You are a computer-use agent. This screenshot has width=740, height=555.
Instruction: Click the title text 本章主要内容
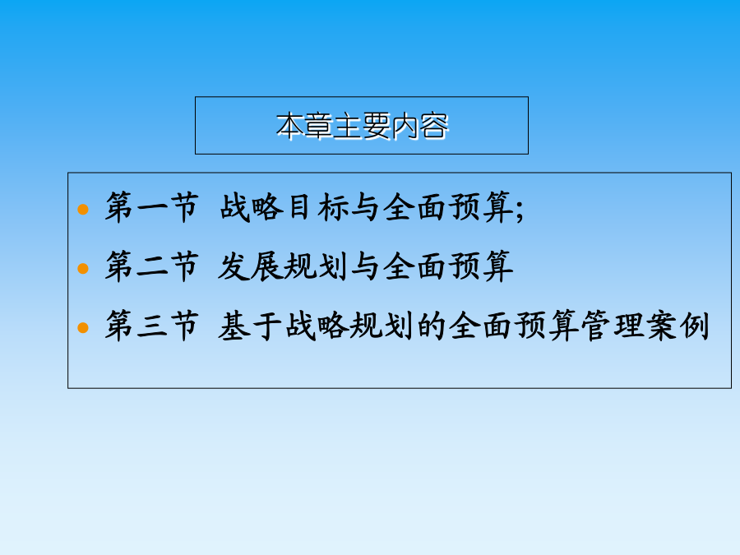coord(362,126)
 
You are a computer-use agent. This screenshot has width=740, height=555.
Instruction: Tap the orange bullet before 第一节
coord(83,209)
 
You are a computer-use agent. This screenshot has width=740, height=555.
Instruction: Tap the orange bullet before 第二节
coord(83,269)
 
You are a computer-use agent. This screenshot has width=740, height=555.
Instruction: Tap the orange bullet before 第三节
coord(83,327)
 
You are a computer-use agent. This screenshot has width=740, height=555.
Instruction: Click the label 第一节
coord(151,207)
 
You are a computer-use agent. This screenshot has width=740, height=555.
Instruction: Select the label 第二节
coord(151,266)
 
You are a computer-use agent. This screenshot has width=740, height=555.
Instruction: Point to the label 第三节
coord(151,326)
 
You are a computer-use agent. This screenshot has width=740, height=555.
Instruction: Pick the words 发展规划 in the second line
coord(283,266)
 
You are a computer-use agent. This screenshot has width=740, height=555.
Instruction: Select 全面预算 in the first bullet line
coord(448,207)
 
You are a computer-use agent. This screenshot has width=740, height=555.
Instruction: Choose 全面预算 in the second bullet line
coord(448,266)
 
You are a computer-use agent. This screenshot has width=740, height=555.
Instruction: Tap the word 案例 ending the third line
coord(678,326)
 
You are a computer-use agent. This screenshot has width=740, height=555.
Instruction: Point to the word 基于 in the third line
coord(250,326)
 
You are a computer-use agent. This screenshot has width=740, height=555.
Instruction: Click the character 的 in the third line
coord(431,326)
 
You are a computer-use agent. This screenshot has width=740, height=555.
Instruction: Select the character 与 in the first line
coord(365,207)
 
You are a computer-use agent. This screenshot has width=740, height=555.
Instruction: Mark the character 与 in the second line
coord(365,266)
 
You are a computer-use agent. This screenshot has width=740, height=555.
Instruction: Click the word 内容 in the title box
coord(419,126)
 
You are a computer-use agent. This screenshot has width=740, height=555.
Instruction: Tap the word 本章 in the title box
coord(304,126)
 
